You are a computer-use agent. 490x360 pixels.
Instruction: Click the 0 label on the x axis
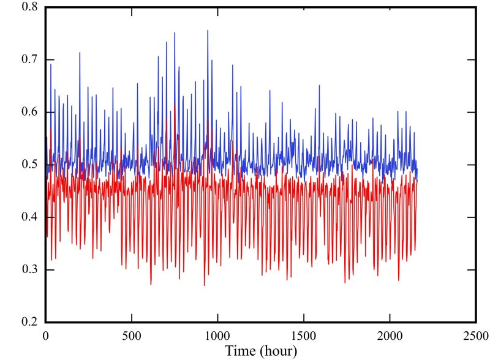coord(45,335)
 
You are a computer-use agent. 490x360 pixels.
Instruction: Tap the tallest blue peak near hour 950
coord(208,30)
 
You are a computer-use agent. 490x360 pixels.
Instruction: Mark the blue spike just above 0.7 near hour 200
coord(80,53)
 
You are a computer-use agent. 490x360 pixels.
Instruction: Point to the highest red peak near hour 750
coord(175,105)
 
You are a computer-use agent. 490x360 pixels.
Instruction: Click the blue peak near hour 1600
coord(319,86)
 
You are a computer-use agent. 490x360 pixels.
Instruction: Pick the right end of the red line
coord(417,179)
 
